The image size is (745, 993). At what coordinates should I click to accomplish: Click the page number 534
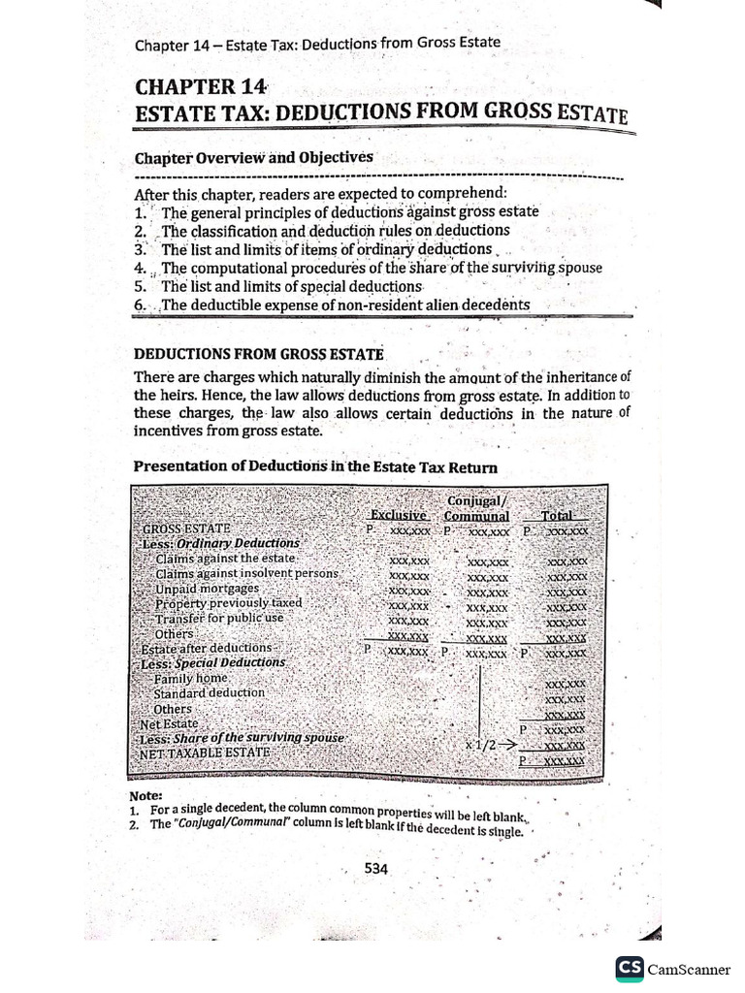point(376,869)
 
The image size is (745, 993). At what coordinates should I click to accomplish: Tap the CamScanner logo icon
point(630,969)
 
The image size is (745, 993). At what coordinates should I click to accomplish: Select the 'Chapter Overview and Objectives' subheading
point(253,157)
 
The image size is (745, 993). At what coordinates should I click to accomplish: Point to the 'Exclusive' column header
point(399,516)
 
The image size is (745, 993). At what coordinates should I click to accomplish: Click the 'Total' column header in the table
point(558,516)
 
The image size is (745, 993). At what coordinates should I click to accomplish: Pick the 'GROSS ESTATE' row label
point(186,529)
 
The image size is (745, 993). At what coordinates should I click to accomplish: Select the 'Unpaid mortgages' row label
point(207,588)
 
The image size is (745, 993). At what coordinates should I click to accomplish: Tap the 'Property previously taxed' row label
point(228,603)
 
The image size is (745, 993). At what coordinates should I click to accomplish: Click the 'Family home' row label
point(190,679)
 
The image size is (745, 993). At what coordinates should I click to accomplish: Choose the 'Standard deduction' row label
point(209,693)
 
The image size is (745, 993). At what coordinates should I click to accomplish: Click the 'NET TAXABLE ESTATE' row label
point(205,753)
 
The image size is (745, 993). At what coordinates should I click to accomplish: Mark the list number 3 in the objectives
point(141,249)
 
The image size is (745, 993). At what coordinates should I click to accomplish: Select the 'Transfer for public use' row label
point(219,618)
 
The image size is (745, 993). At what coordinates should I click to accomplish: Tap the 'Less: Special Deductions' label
point(213,662)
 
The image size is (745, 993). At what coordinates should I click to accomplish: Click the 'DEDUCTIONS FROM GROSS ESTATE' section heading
point(258,355)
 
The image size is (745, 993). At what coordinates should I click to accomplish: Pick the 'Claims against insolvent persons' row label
point(246,573)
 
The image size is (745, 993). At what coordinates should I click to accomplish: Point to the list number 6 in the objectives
point(141,304)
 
